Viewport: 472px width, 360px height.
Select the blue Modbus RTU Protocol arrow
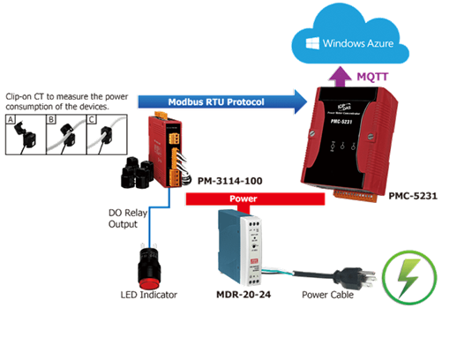[x=221, y=103]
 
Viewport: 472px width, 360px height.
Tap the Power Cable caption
[x=327, y=295]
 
